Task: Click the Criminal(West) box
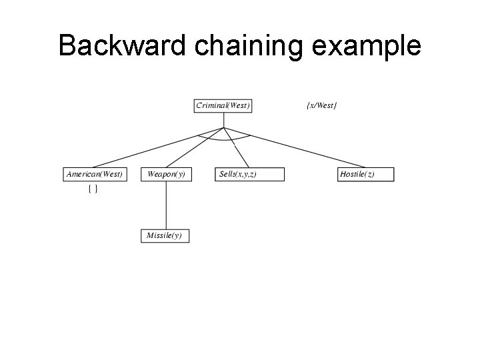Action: tap(223, 105)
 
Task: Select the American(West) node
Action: tap(95, 175)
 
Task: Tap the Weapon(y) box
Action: tap(166, 175)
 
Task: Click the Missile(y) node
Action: tap(165, 235)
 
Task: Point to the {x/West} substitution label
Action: tap(321, 105)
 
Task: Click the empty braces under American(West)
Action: tap(93, 190)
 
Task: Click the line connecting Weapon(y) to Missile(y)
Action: tap(166, 205)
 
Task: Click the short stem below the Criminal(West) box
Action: tap(224, 120)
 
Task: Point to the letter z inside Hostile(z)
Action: tap(369, 175)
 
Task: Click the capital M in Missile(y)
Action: tap(150, 235)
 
